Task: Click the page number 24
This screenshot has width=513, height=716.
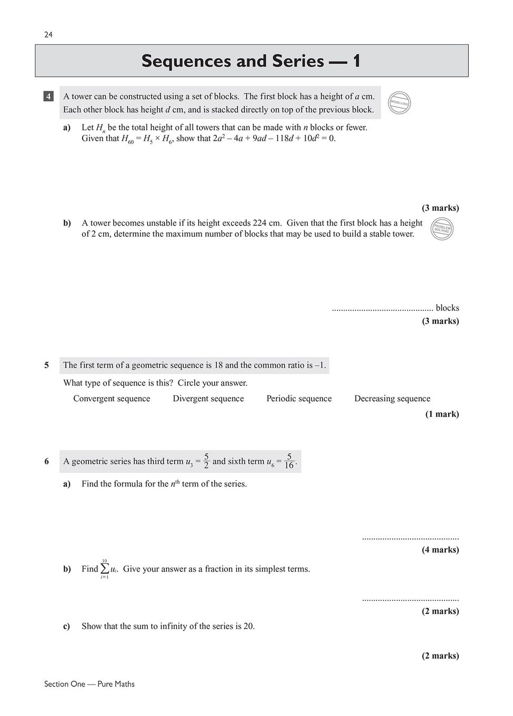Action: pos(48,35)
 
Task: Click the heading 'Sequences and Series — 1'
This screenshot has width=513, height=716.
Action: pos(251,61)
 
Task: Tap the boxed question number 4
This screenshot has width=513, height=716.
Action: pos(48,96)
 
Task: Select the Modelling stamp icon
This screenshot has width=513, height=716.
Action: pos(399,103)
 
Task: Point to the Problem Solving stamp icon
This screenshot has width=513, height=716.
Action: pos(442,229)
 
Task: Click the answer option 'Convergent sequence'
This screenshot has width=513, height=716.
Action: pos(112,399)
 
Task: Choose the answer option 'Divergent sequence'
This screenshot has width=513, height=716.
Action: pos(208,399)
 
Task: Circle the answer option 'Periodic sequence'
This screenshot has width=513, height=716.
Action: pos(299,399)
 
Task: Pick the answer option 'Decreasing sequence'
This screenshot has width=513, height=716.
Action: pos(392,399)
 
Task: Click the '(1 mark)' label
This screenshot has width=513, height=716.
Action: pos(442,414)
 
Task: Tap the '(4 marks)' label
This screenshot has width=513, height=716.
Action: pos(440,550)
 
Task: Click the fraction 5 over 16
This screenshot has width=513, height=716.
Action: pos(289,461)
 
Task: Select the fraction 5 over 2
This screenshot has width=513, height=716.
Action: pos(206,461)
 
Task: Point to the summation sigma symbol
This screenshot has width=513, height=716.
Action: pos(105,569)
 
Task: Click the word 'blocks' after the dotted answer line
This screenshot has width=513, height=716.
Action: pos(447,308)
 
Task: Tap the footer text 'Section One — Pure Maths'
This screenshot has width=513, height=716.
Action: pos(89,684)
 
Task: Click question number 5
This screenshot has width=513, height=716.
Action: pos(47,365)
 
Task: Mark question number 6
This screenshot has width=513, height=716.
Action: pos(47,461)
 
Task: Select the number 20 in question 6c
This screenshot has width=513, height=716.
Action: pos(248,626)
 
